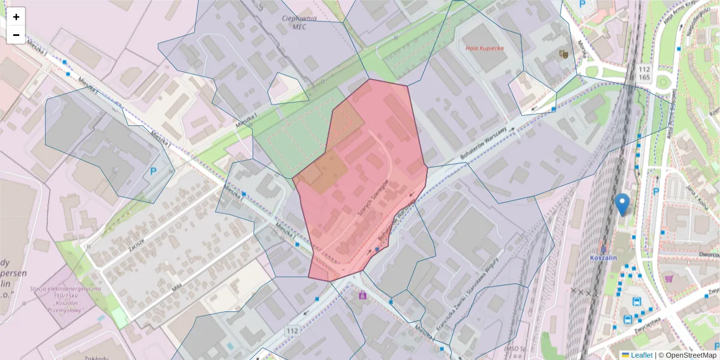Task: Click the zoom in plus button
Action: [x=16, y=17]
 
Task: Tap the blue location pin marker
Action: [x=623, y=204]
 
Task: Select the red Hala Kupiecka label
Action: [x=485, y=48]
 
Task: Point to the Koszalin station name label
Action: [x=604, y=257]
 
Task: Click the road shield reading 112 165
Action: [x=645, y=73]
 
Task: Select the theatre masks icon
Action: [x=563, y=54]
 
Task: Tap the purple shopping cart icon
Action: [x=669, y=278]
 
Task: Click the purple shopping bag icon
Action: [x=362, y=295]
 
